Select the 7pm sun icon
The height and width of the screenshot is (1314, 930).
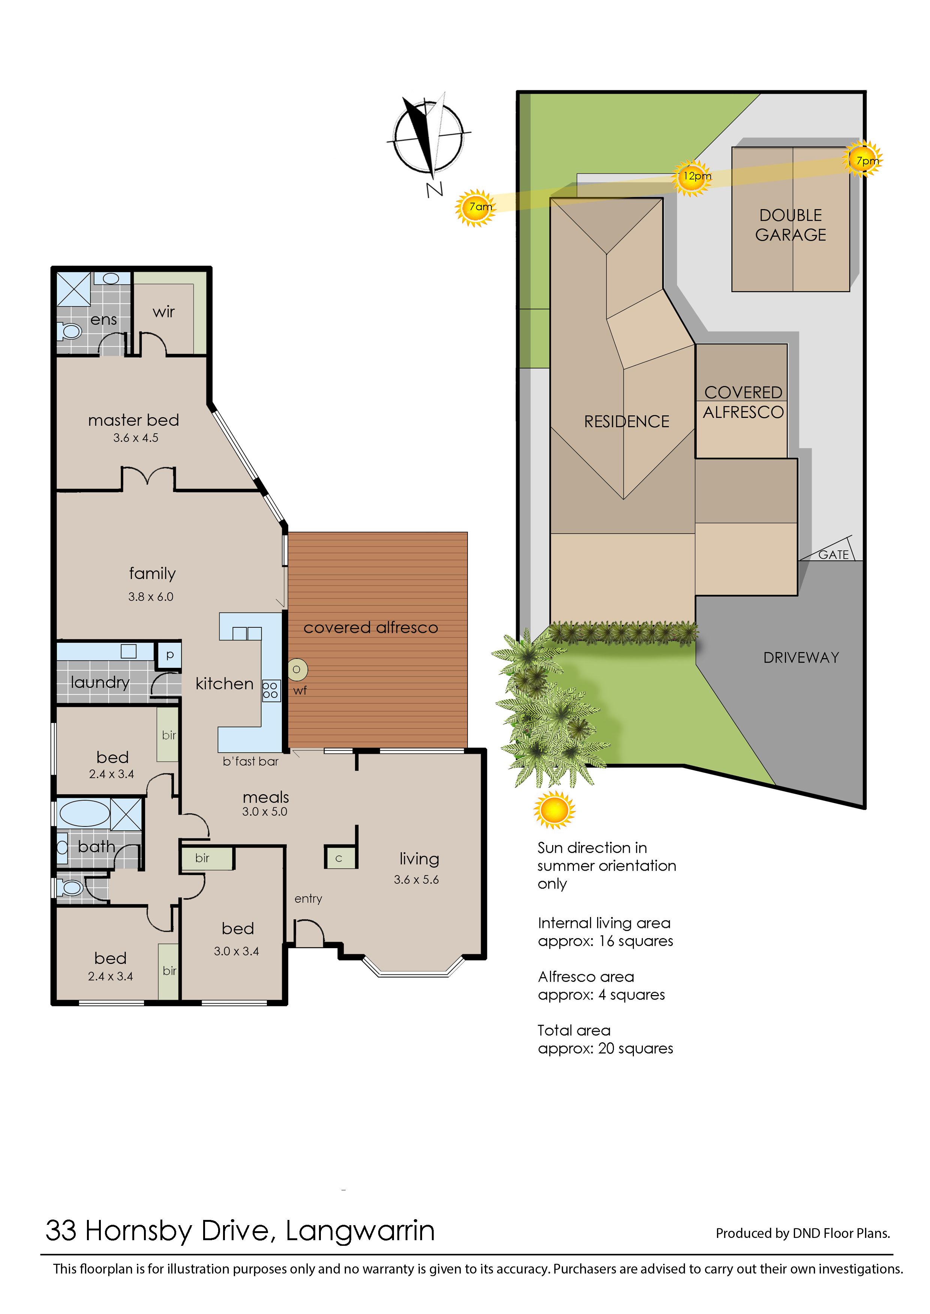[863, 159]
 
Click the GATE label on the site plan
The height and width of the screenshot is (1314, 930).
[833, 554]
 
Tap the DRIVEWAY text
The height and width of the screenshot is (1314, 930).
[801, 657]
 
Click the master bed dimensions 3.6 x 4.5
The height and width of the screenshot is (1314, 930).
[136, 438]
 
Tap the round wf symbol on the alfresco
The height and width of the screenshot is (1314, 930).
[297, 669]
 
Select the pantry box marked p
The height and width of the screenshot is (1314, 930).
[169, 654]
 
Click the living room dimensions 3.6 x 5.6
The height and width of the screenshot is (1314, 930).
[416, 879]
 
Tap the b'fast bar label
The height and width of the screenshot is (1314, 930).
[251, 762]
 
